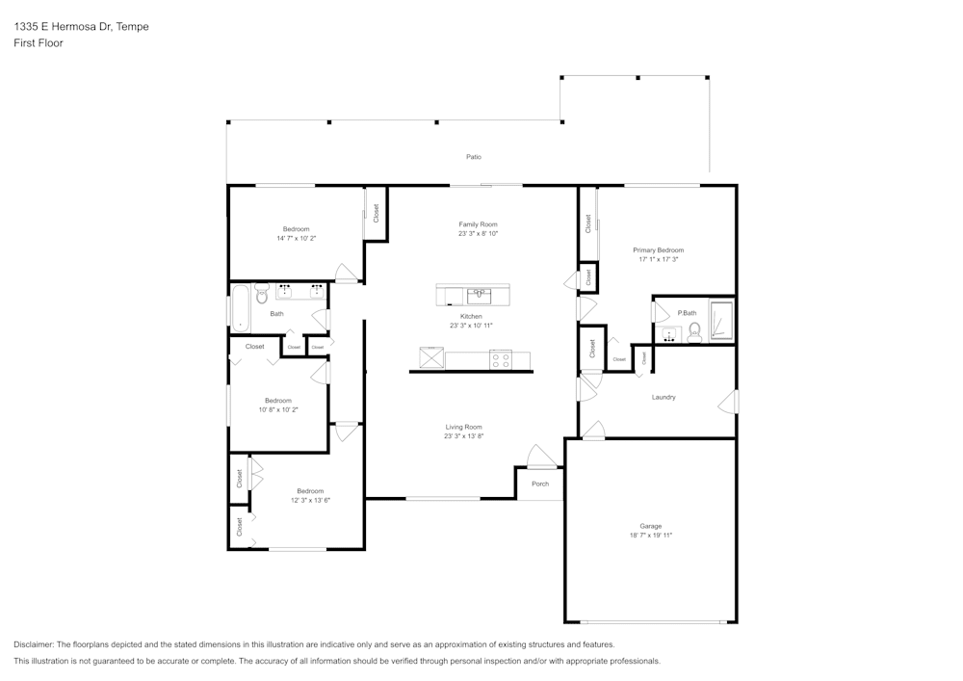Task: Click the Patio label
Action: point(474,157)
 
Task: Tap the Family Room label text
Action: point(478,224)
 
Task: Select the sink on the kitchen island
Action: point(479,295)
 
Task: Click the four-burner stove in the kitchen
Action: point(501,360)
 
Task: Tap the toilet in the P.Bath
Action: point(694,333)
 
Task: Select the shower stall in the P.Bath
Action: point(720,321)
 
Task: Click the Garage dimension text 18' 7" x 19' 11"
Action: point(651,535)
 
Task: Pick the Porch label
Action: point(540,484)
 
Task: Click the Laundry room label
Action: point(664,397)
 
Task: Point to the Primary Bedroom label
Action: point(659,249)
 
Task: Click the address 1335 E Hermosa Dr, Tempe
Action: point(81,27)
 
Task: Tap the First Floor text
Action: point(39,43)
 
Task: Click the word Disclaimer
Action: point(34,644)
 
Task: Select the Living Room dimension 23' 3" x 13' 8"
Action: point(463,435)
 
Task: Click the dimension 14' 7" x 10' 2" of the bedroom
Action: point(297,237)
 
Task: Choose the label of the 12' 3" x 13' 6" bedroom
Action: point(310,491)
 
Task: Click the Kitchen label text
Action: point(471,317)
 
